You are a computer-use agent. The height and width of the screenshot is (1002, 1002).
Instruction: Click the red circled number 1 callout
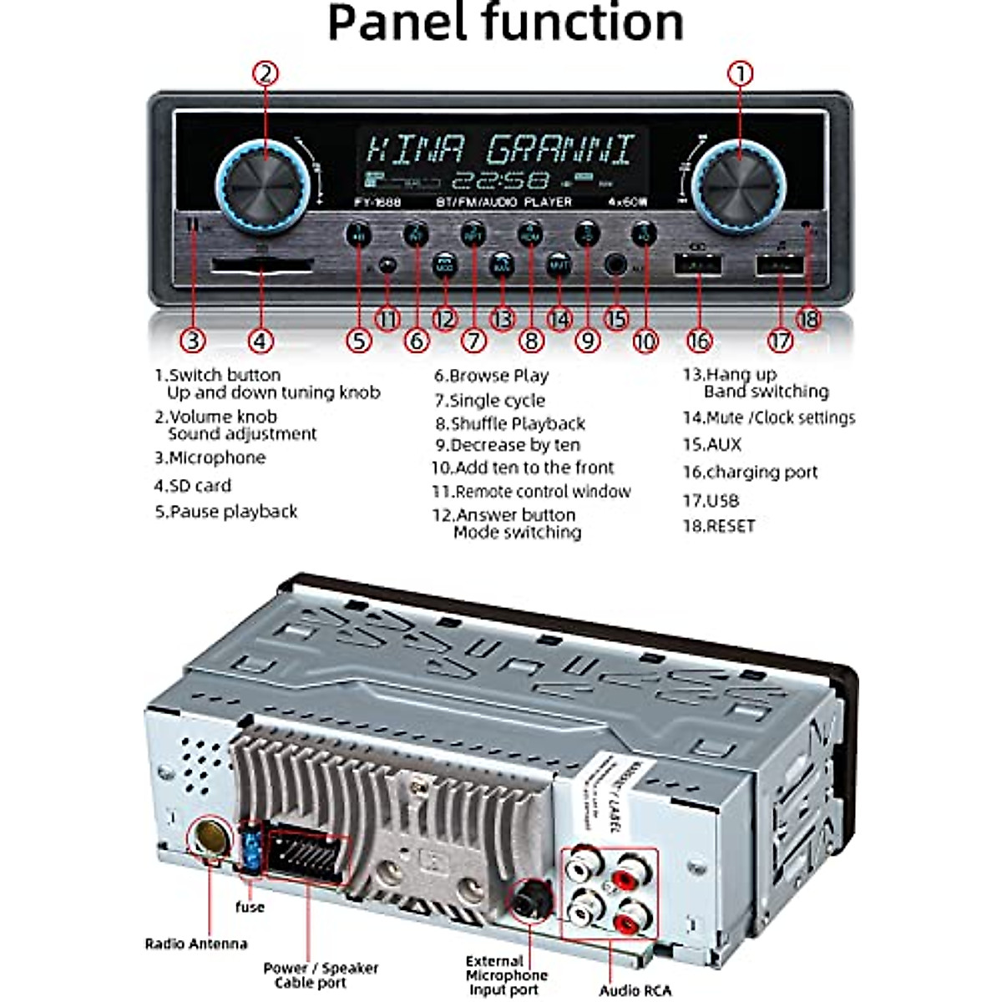coord(740,73)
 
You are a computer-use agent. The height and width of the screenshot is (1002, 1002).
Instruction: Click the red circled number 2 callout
coord(265,73)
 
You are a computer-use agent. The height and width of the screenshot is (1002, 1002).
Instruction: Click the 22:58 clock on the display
coord(500,180)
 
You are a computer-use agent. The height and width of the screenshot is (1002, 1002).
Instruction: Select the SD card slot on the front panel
coord(261,266)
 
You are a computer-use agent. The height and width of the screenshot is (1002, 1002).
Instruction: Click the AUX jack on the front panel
coord(616,266)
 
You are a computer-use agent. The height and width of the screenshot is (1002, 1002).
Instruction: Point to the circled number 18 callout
coord(808,319)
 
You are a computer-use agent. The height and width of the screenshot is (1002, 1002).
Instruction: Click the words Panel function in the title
coord(505,23)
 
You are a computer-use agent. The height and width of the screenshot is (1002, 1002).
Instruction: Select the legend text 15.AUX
coord(711,444)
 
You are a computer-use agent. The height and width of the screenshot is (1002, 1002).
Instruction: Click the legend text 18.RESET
coord(718,526)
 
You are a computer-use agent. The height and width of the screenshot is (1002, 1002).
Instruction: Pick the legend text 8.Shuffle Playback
coord(509,423)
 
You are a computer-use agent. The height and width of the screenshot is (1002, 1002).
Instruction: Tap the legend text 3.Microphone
coord(210,458)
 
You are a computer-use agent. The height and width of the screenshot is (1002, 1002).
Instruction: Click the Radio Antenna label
coord(196,944)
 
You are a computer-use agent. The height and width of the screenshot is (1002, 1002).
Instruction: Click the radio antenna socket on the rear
coord(206,836)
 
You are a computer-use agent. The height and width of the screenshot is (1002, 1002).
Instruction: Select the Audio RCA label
coord(635,990)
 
